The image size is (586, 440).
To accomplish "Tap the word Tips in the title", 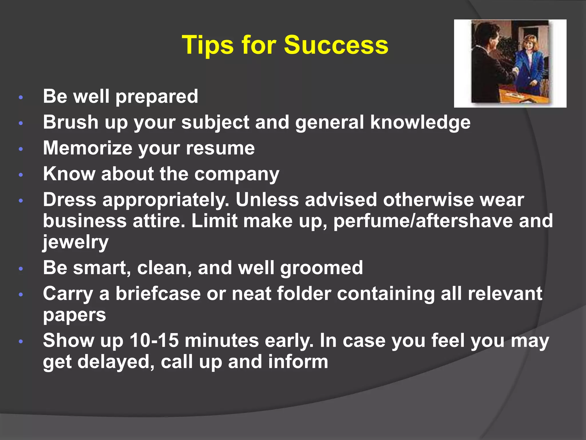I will click(208, 45).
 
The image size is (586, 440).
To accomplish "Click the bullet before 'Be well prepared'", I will click(21, 98).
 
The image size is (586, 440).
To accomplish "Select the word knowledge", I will click(420, 122).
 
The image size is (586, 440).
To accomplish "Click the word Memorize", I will click(88, 148).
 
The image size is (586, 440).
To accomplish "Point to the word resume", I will click(220, 148).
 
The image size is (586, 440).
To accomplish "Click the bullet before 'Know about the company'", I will click(21, 175).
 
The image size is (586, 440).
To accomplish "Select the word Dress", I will click(70, 200).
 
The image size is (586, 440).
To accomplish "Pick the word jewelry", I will click(76, 242).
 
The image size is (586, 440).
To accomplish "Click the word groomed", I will click(321, 268).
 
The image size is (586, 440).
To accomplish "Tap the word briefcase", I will click(158, 294).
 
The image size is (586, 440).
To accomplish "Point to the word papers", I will click(74, 315).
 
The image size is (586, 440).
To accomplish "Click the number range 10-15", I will click(154, 341).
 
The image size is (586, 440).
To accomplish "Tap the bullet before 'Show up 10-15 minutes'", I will click(21, 341).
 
